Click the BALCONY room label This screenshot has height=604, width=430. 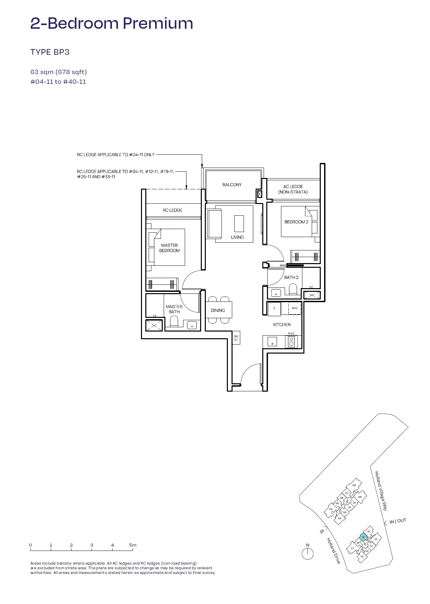[x=232, y=185]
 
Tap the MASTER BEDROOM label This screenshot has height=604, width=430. [x=169, y=248]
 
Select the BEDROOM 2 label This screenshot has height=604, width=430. [x=296, y=222]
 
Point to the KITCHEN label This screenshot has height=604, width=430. [x=282, y=325]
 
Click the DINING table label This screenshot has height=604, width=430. [x=218, y=310]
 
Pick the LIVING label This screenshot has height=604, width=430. [x=238, y=237]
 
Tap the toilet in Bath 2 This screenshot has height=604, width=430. [x=293, y=289]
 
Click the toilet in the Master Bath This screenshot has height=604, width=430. [x=174, y=322]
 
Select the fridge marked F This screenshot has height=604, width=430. [x=274, y=309]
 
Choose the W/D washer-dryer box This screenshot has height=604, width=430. [x=294, y=308]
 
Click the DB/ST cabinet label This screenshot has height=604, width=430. [x=236, y=338]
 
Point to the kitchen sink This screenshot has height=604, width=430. [x=272, y=341]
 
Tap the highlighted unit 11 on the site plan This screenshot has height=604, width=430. [x=364, y=537]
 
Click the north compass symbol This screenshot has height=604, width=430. [x=308, y=554]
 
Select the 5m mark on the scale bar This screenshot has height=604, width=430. [x=133, y=545]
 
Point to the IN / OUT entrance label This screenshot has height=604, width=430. [x=398, y=521]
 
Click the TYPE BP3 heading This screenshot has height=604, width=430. [x=50, y=52]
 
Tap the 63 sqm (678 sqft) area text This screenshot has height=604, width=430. [x=58, y=72]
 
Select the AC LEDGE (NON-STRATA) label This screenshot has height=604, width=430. [x=293, y=189]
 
